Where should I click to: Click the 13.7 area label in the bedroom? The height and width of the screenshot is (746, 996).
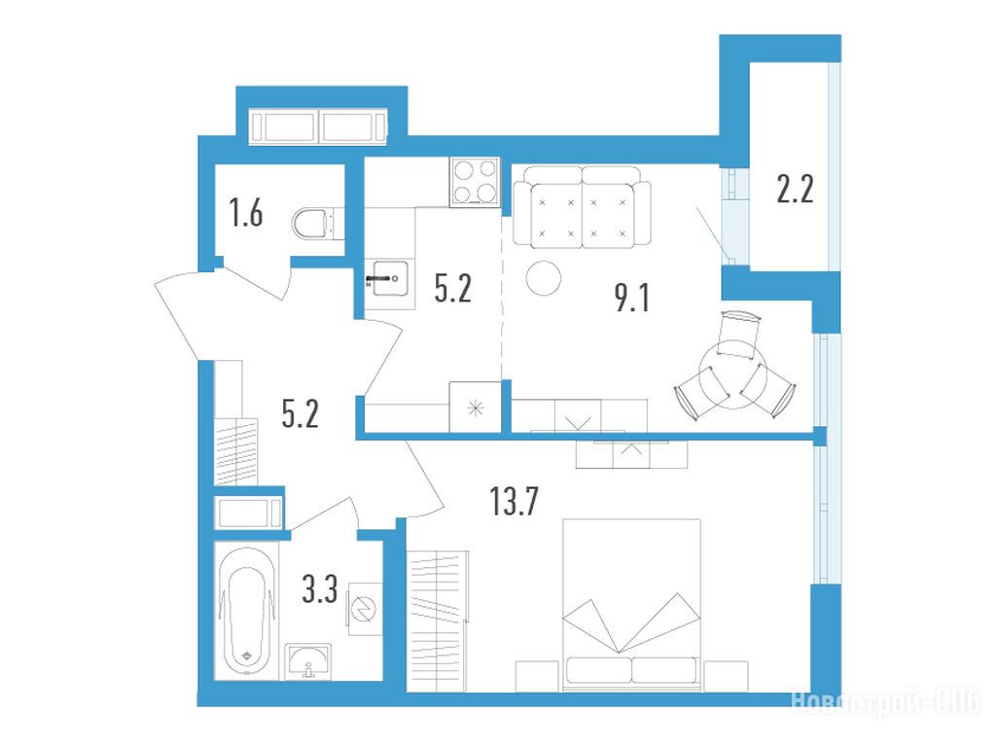click(514, 500)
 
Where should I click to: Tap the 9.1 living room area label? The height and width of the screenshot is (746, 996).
click(632, 298)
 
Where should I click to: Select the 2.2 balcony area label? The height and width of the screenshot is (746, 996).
click(795, 189)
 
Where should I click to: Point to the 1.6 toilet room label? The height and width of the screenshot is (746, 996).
click(246, 212)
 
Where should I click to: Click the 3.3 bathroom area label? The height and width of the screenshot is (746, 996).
click(319, 588)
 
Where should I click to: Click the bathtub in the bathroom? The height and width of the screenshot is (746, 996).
click(246, 610)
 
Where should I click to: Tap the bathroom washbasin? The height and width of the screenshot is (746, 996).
click(308, 660)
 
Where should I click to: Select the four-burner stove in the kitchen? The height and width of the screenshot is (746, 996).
click(475, 182)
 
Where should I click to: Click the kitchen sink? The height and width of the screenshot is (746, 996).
click(389, 278)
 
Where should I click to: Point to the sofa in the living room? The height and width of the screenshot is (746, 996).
click(582, 206)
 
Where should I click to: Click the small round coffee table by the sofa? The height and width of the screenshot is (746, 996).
click(544, 278)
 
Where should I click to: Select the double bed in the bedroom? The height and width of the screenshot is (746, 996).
click(632, 605)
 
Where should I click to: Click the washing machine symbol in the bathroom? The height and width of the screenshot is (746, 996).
click(365, 609)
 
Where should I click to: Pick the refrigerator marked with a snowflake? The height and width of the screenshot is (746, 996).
click(475, 408)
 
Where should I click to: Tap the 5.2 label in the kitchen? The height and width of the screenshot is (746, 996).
click(453, 288)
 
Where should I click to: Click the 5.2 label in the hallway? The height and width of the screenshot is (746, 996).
click(300, 413)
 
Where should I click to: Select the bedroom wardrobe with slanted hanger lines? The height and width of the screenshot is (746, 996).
click(437, 622)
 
